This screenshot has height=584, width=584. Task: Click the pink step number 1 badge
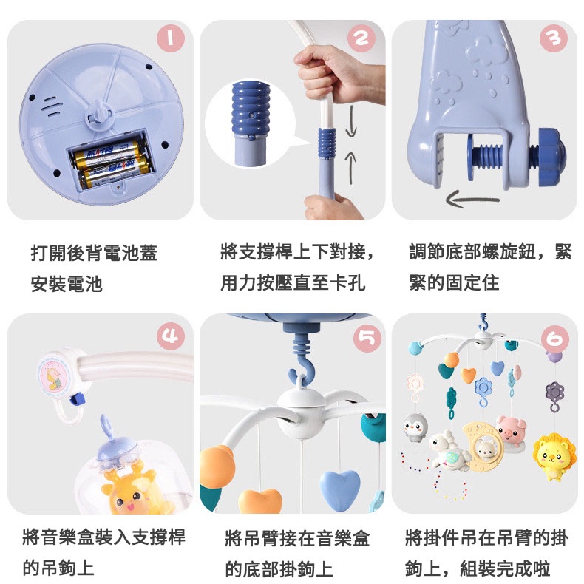[171, 38]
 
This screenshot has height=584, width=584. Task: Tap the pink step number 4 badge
[171, 336]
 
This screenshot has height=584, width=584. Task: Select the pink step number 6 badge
[555, 339]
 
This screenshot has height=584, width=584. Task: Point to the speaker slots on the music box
[51, 106]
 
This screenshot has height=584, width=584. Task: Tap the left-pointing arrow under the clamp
[472, 199]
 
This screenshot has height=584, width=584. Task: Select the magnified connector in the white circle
[251, 124]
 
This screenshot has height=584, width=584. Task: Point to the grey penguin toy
[415, 427]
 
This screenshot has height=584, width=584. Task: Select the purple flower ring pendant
[555, 396]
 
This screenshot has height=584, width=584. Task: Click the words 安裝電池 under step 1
[67, 284]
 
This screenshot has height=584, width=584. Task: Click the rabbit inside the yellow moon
[486, 449]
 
